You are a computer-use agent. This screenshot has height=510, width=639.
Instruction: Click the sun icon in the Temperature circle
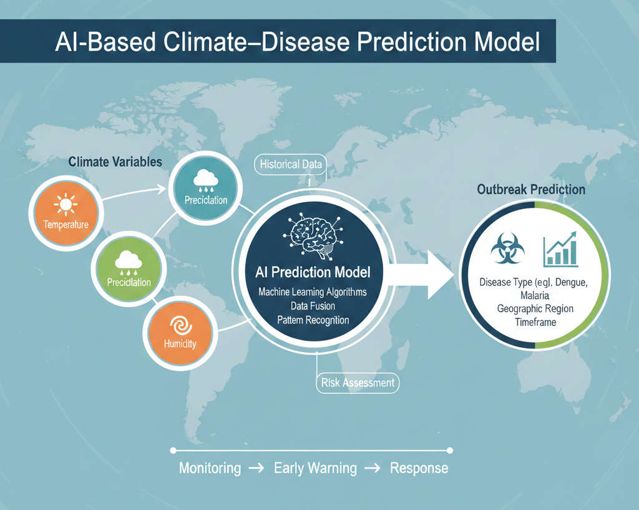[65, 204]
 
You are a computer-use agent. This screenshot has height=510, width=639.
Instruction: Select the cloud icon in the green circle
[129, 263]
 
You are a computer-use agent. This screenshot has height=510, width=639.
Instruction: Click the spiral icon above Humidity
[180, 326]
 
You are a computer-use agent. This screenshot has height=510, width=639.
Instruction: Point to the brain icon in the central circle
[313, 235]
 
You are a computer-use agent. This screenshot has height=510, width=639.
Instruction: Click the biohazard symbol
[507, 248]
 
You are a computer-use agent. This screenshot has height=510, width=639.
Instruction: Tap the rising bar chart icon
[561, 249]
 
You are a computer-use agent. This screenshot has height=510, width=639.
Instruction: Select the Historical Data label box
[290, 165]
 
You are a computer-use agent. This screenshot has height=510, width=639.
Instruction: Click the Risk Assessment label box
[358, 383]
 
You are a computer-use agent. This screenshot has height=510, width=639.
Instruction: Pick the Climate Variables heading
[115, 162]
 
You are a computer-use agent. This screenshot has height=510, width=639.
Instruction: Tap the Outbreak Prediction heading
[531, 190]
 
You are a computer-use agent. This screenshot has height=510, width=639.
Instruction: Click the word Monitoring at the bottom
[210, 468]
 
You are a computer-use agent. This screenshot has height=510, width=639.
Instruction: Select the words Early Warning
[315, 468]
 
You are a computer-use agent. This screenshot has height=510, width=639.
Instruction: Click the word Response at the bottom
[419, 468]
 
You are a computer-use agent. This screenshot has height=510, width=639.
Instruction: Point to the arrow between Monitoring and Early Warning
[256, 468]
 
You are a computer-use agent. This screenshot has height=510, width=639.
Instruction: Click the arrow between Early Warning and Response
[373, 468]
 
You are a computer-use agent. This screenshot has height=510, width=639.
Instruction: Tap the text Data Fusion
[313, 306]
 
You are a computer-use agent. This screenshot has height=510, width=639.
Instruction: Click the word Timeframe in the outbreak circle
[535, 322]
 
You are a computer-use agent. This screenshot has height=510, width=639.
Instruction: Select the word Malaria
[535, 295]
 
